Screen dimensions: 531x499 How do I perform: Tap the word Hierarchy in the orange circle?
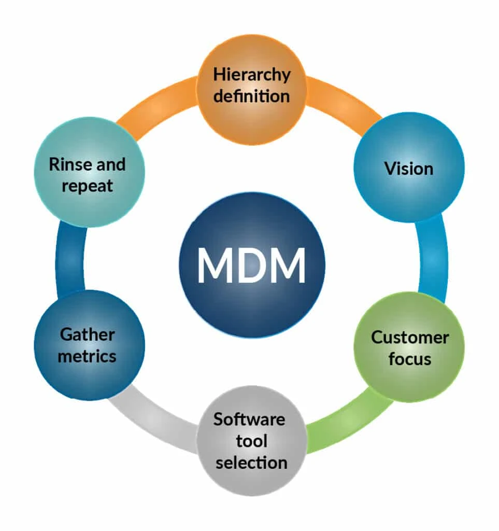(x=251, y=74)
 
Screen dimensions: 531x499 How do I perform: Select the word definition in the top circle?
(x=251, y=96)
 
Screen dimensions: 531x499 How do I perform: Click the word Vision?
(x=408, y=169)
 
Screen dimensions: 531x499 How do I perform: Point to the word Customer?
(x=409, y=338)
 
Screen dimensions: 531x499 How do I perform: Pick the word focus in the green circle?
(x=409, y=359)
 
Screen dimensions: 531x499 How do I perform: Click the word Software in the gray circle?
(x=249, y=419)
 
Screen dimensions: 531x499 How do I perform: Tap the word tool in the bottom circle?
(x=251, y=441)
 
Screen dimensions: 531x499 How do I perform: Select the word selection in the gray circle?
(x=251, y=462)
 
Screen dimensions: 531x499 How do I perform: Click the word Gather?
(x=87, y=334)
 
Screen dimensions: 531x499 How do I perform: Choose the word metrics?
(x=87, y=356)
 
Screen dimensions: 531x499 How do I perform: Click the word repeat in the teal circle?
(x=87, y=186)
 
